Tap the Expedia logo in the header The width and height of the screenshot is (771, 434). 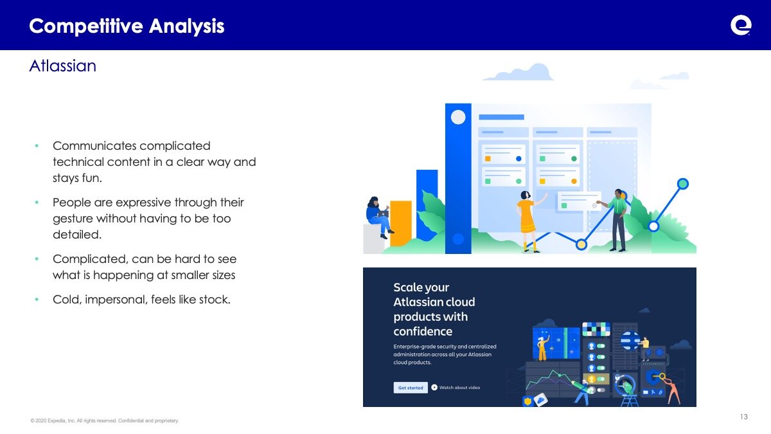[x=741, y=25]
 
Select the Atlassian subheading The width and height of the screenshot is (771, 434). [x=63, y=66]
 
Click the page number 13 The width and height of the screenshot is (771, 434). [x=744, y=417]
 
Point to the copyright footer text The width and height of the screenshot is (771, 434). [x=105, y=420]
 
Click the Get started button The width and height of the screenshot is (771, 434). [x=411, y=388]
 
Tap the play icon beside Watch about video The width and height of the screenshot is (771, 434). [x=434, y=388]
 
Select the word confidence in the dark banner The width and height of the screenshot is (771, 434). [x=423, y=331]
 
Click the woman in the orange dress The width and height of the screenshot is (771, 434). [x=528, y=221]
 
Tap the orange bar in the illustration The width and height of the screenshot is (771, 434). [x=401, y=223]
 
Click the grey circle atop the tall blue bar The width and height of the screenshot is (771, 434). [x=458, y=117]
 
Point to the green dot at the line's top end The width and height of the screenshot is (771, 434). [x=683, y=184]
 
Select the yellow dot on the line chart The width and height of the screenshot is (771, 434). [x=581, y=244]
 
